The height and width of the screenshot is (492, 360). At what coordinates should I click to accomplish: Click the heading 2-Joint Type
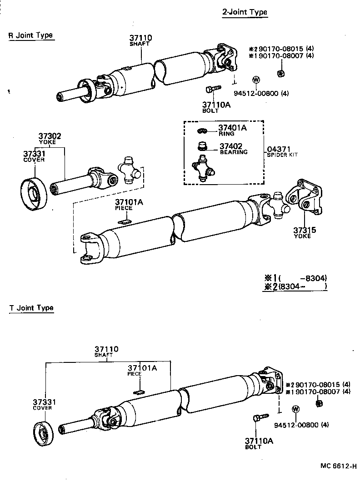tap(244, 12)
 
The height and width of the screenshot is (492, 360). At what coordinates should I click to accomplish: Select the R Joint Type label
tap(31, 35)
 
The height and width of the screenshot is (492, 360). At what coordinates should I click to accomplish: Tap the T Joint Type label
tap(31, 308)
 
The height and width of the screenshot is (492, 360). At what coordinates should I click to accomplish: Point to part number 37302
tap(50, 136)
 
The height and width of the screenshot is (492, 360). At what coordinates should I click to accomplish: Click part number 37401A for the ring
tap(232, 128)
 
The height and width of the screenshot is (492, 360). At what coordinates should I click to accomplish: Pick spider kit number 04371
tap(279, 149)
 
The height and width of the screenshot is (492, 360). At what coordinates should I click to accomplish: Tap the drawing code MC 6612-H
tap(338, 466)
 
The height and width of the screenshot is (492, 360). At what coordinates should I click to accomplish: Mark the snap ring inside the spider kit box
tap(203, 131)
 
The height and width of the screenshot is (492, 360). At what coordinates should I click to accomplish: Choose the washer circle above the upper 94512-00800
tap(255, 80)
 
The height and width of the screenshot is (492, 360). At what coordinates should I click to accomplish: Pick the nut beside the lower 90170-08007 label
tap(319, 402)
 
